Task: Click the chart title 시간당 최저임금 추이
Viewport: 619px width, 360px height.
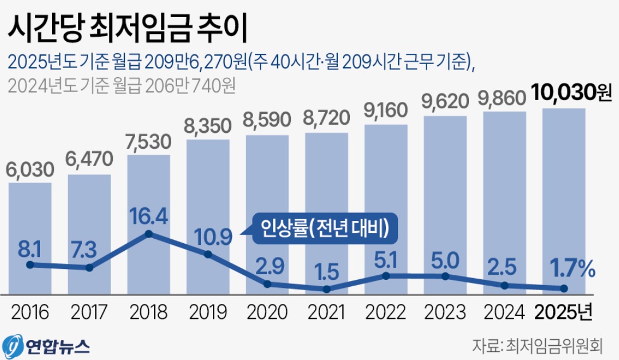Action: [127, 28]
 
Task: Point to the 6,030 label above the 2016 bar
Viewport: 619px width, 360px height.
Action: [31, 169]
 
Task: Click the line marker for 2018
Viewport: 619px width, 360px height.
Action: [149, 234]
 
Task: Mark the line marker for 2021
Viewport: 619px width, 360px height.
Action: [326, 290]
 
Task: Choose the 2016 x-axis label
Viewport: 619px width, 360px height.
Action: [30, 312]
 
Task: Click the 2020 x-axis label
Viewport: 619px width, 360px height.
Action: [267, 312]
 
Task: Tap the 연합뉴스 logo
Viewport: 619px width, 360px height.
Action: [47, 345]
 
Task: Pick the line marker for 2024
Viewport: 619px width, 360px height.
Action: [504, 285]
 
